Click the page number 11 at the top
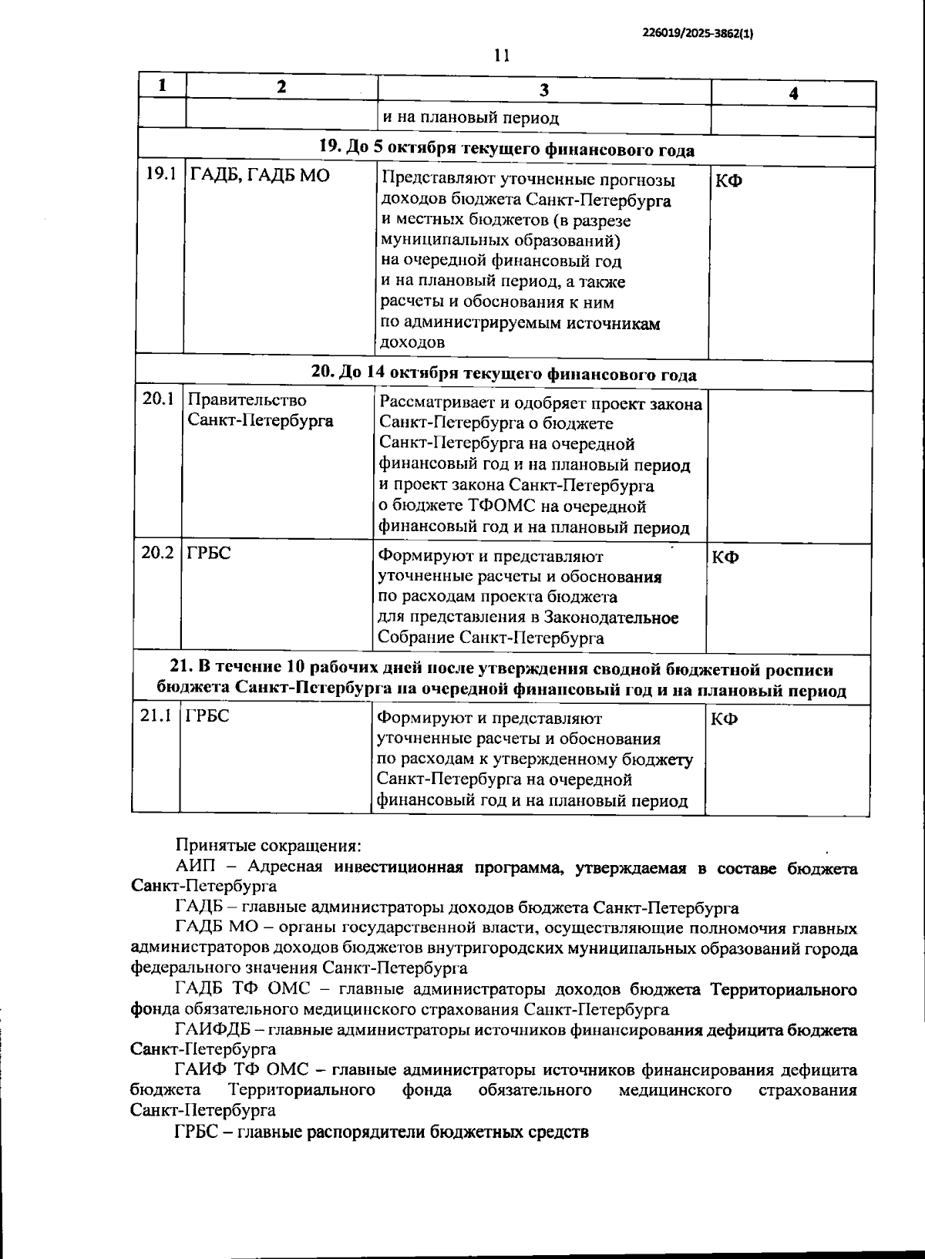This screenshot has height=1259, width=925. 502,55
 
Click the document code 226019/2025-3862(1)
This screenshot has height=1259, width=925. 697,34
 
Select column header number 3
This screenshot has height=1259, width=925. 543,91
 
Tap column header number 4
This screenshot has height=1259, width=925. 793,93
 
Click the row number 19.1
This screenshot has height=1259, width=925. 161,176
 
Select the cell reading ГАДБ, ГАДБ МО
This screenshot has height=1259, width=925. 260,176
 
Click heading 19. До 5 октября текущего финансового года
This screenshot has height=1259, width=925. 506,150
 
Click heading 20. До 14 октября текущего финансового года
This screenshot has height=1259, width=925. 503,374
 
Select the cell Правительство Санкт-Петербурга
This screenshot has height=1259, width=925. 261,410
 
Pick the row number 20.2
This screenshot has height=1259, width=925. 158,553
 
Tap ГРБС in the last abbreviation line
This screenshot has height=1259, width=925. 197,1132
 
